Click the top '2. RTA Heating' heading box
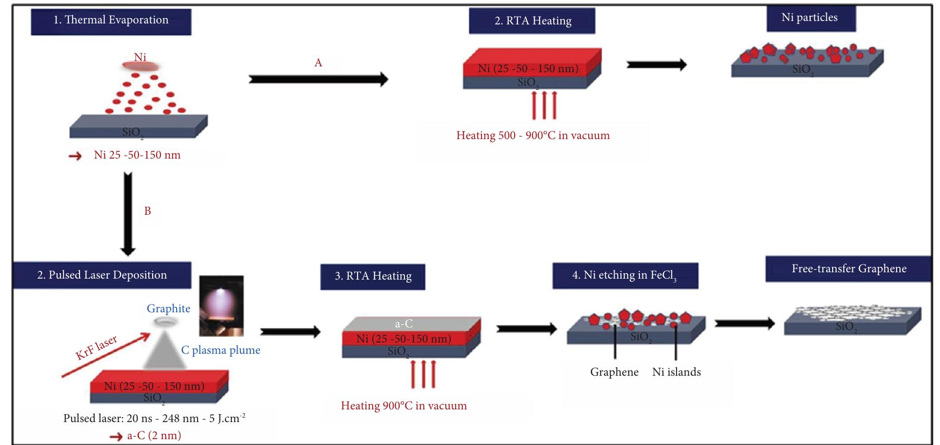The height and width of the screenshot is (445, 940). pyautogui.click(x=532, y=21)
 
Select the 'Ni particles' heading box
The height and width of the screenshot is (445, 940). pyautogui.click(x=809, y=18)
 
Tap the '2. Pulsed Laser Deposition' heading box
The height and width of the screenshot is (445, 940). pyautogui.click(x=102, y=275)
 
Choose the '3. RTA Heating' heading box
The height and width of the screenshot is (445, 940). pyautogui.click(x=373, y=277)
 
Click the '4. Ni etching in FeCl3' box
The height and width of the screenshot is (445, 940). pyautogui.click(x=625, y=276)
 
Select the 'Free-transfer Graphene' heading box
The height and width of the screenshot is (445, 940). pyautogui.click(x=848, y=269)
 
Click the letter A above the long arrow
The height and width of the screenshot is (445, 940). pyautogui.click(x=318, y=62)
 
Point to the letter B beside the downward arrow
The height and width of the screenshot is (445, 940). pyautogui.click(x=147, y=211)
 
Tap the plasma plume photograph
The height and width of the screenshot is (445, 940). pyautogui.click(x=221, y=306)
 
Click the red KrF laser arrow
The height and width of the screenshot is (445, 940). pyautogui.click(x=105, y=355)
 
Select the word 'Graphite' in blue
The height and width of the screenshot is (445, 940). pyautogui.click(x=168, y=308)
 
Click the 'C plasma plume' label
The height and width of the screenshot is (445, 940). pyautogui.click(x=220, y=350)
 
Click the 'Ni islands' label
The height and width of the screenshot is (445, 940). pyautogui.click(x=676, y=372)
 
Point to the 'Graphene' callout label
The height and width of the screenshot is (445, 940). pyautogui.click(x=614, y=372)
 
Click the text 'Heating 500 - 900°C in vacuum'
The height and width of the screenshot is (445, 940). pyautogui.click(x=533, y=135)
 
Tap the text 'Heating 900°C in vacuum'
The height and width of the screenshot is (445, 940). pyautogui.click(x=403, y=405)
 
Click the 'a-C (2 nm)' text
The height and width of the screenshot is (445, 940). pyautogui.click(x=154, y=435)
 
